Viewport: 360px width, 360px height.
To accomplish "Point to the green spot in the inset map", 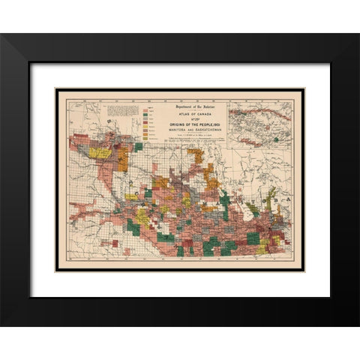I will (276, 139).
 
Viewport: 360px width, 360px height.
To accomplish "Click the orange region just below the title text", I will (196, 154).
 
